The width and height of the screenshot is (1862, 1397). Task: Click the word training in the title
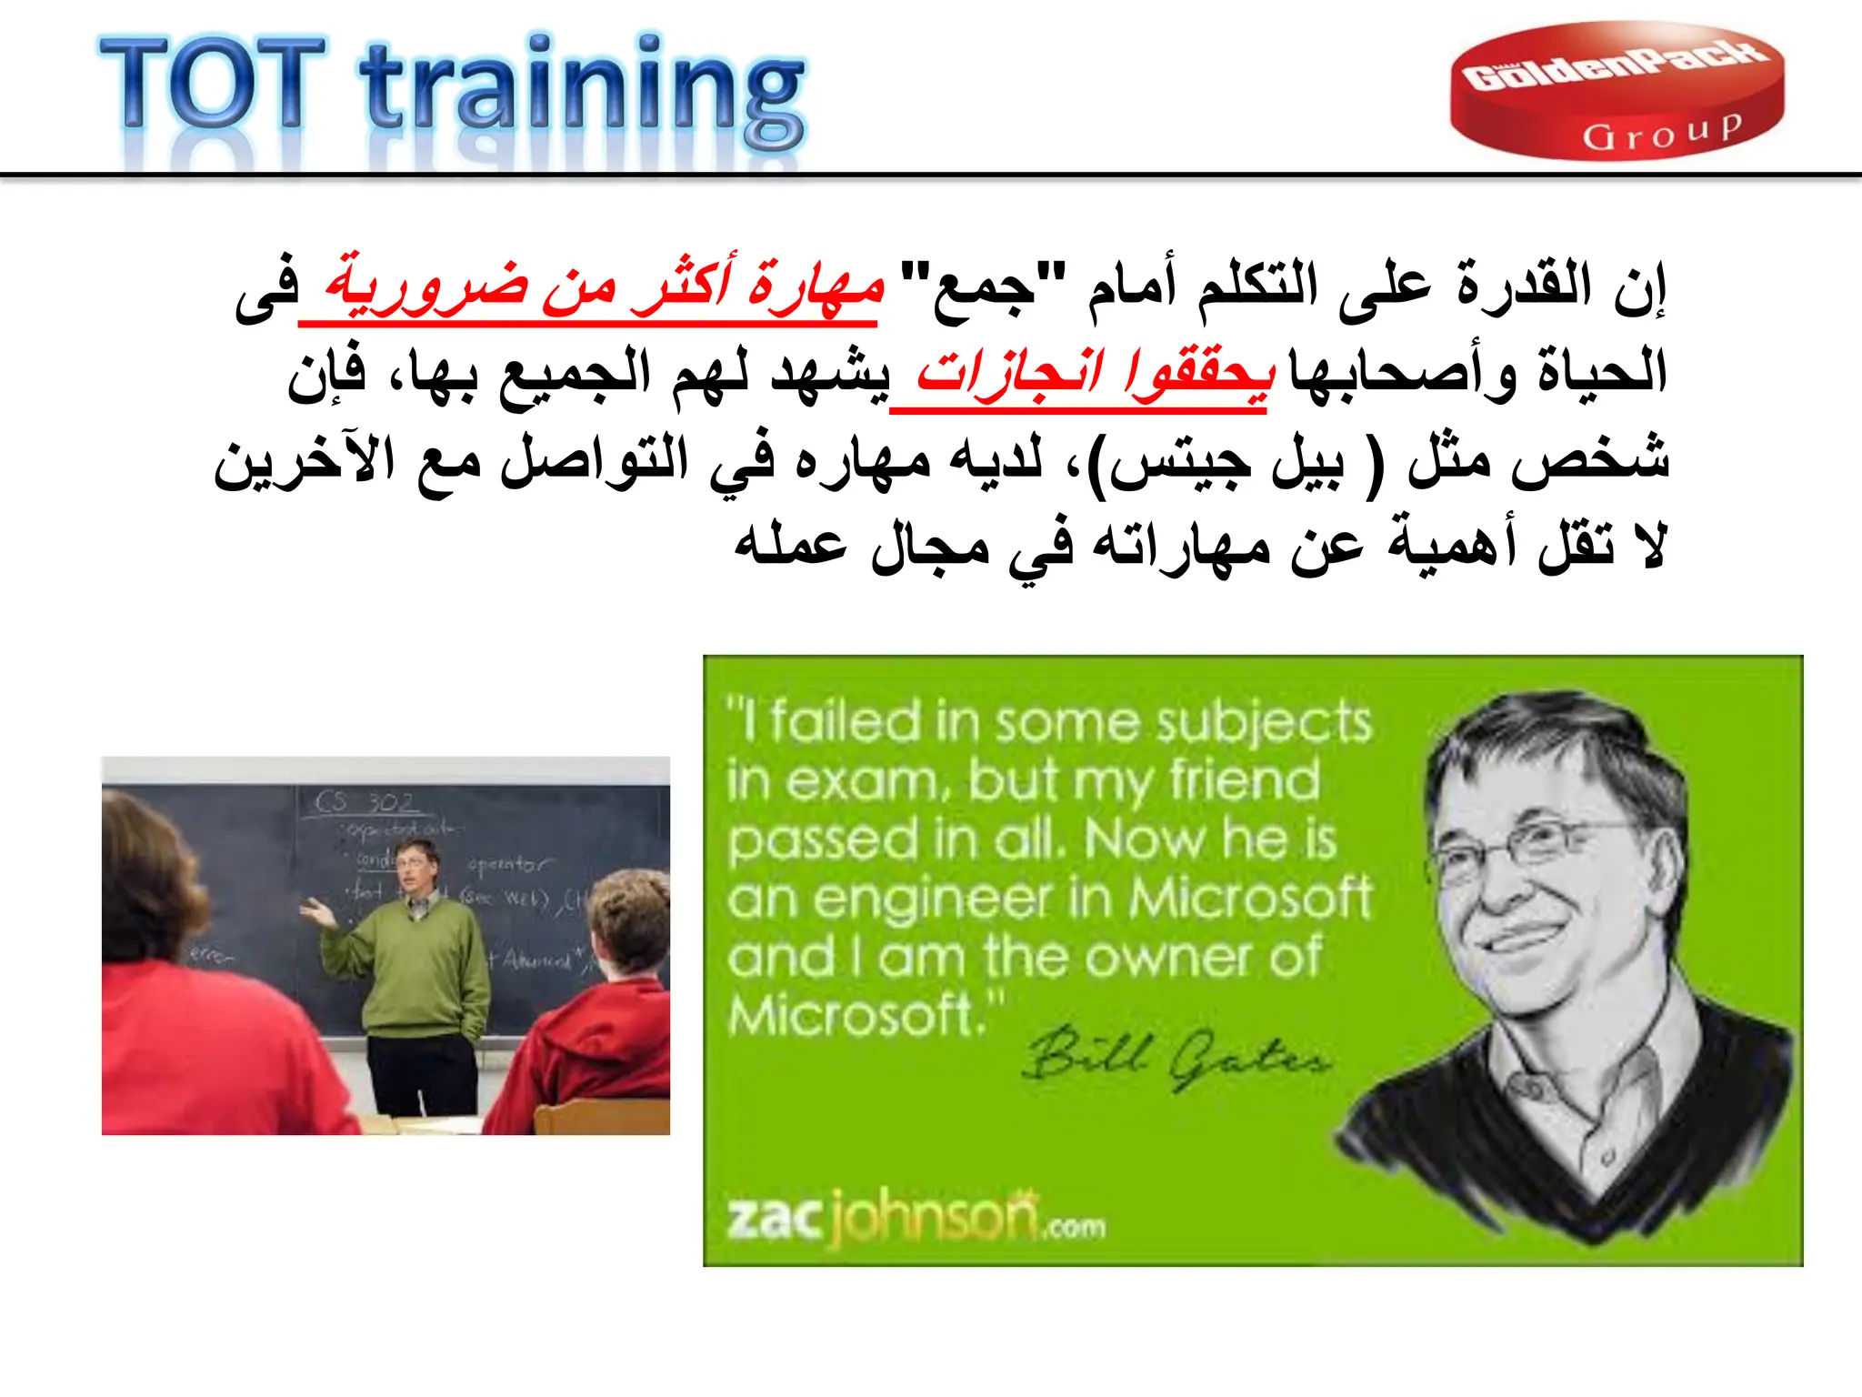click(x=582, y=91)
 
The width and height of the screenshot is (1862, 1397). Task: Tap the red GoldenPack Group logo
click(x=1616, y=91)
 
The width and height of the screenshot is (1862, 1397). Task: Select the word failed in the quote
click(x=846, y=723)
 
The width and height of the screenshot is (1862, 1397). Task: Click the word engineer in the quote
click(x=931, y=899)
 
